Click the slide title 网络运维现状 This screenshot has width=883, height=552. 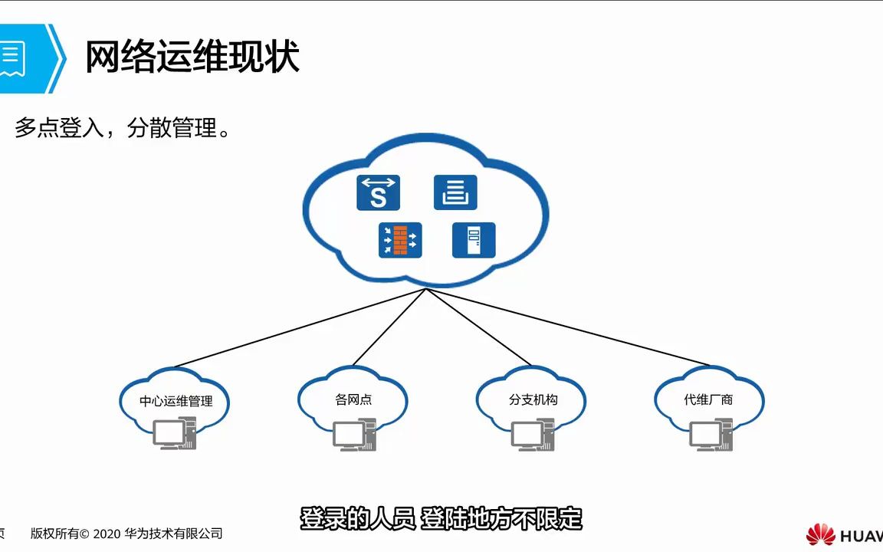coord(192,58)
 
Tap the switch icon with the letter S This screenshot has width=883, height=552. coord(378,192)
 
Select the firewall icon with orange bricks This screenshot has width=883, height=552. coord(400,240)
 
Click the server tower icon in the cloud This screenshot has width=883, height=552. coord(474,240)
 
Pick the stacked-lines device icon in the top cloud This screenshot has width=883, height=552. coord(455,192)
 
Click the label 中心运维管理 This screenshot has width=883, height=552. coord(176,401)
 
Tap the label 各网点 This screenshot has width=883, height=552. coord(353,399)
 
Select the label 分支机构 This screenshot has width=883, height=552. coord(533,400)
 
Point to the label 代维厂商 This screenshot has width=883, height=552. coord(708,399)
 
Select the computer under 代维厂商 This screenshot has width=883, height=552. coord(710,434)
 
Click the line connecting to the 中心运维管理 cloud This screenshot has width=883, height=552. coord(299,328)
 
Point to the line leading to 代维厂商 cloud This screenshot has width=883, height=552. coord(567,327)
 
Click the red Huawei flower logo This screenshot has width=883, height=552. coord(820,534)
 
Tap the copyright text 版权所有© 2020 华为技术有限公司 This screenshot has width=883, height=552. coord(126,534)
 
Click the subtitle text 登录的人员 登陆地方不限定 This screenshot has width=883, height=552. coord(441,519)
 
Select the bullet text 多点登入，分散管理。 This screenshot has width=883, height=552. coord(123,128)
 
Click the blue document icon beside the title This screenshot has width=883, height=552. coord(14,58)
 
